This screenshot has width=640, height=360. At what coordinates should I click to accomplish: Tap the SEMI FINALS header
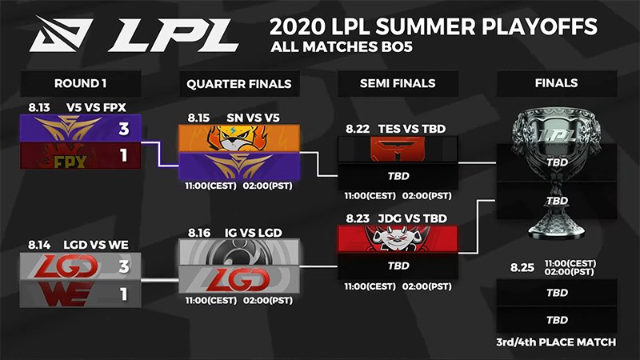tap(398, 83)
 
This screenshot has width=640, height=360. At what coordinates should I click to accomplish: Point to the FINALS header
tap(557, 83)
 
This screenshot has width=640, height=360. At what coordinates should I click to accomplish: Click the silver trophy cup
tap(557, 172)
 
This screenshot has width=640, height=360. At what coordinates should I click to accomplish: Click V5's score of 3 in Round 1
tap(124, 128)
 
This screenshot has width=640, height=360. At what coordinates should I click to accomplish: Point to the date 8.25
tap(522, 266)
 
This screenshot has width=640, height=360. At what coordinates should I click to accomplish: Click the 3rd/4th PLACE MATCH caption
tap(556, 342)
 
